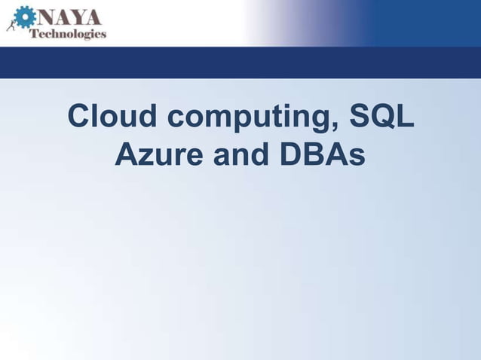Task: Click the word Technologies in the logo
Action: (67, 33)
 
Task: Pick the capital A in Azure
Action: (126, 156)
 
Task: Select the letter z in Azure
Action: (148, 158)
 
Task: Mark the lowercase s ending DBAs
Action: (357, 158)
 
